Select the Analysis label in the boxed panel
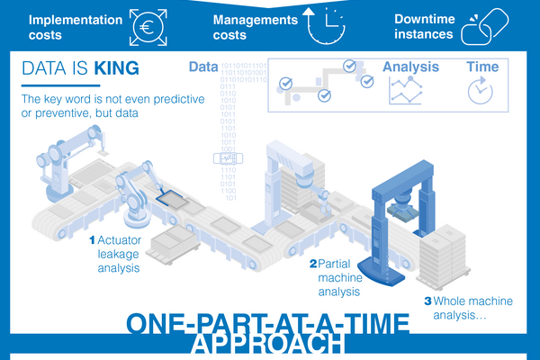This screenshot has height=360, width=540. point(410,67)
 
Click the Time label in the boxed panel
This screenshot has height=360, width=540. point(481,67)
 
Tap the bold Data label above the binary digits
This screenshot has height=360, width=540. point(204,67)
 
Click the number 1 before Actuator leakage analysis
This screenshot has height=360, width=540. point(91,241)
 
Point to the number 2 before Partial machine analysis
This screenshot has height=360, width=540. point(312,265)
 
